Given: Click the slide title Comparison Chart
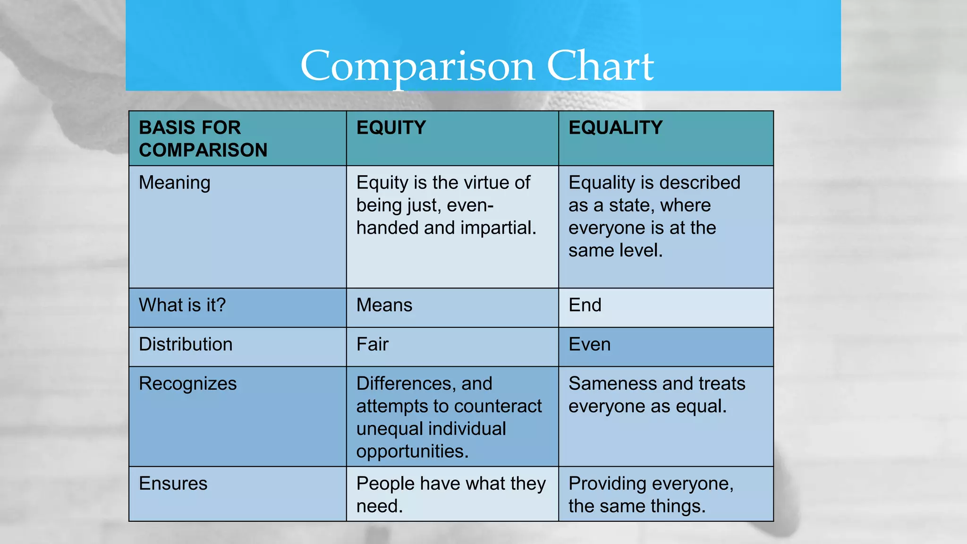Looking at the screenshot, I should [x=477, y=66].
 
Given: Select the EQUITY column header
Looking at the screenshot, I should [x=391, y=128].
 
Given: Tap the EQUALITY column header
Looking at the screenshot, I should [x=615, y=128].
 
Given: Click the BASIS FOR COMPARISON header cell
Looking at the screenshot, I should [x=203, y=139].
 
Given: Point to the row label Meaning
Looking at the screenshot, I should [x=174, y=183].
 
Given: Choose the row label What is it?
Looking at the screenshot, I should [x=182, y=306].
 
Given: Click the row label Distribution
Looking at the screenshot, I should [x=186, y=345].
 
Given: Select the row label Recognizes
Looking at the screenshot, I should [x=187, y=384].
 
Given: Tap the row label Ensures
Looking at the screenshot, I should [x=173, y=484].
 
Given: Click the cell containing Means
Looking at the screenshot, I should [x=384, y=306].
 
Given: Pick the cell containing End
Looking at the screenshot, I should [x=585, y=306].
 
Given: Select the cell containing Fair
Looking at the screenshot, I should [x=373, y=345].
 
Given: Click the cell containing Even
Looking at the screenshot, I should [x=589, y=345].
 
